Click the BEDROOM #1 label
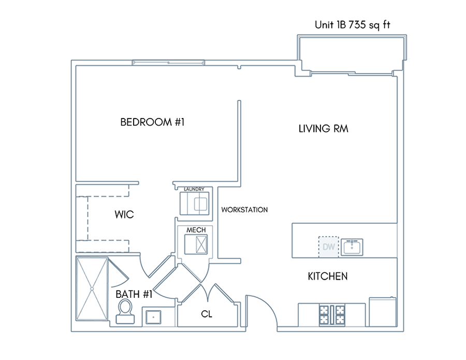click(152, 122)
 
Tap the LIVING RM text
click(323, 128)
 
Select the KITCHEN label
click(328, 276)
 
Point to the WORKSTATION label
click(244, 210)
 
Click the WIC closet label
click(124, 214)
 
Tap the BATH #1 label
click(134, 294)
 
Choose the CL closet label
click(207, 314)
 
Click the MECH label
click(196, 230)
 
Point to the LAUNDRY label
click(194, 189)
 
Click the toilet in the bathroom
click(125, 311)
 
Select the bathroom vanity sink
click(153, 317)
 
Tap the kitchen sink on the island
click(352, 247)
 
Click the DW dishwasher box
click(328, 247)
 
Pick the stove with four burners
click(332, 315)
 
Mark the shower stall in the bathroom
click(92, 289)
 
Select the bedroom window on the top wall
click(168, 63)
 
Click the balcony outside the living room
click(352, 53)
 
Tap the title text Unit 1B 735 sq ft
click(353, 25)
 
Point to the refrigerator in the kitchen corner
click(383, 312)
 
